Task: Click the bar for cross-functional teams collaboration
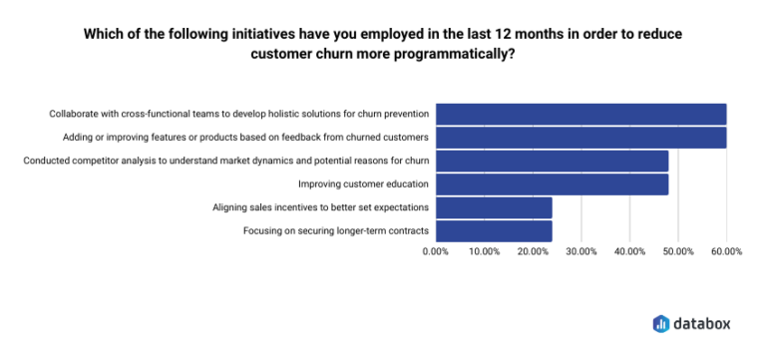(580, 114)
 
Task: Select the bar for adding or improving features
(580, 137)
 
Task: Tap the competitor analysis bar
(552, 161)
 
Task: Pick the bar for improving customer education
(552, 184)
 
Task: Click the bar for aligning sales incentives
(494, 207)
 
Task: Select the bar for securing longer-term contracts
(494, 231)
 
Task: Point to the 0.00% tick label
(436, 251)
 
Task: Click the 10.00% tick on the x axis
(484, 251)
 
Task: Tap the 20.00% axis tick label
(533, 251)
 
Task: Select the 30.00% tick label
(580, 251)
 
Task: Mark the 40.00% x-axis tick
(629, 251)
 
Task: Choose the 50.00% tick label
(677, 251)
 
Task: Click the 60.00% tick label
(726, 251)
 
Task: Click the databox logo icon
(660, 323)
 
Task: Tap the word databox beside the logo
(703, 323)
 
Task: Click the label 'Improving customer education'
(363, 184)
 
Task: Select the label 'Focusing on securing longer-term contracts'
(336, 231)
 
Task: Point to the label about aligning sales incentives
(321, 207)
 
